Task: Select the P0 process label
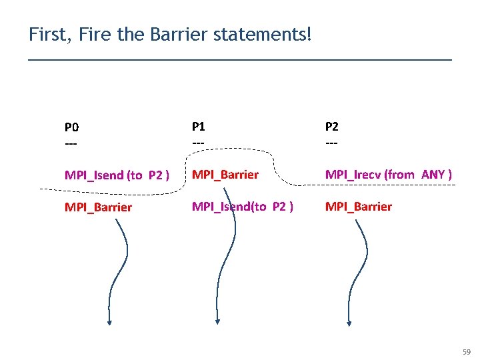(x=71, y=127)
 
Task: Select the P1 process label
(x=199, y=125)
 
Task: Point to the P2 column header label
(x=331, y=125)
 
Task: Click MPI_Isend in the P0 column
(x=94, y=175)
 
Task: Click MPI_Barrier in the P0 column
(x=98, y=207)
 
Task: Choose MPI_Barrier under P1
(x=225, y=175)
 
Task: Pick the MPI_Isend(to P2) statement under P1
(x=243, y=206)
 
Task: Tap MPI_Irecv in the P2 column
(x=353, y=175)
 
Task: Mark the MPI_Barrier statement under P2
(x=358, y=206)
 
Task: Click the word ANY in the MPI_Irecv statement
(x=437, y=175)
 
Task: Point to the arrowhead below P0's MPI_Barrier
(x=109, y=323)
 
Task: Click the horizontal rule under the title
(x=240, y=60)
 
